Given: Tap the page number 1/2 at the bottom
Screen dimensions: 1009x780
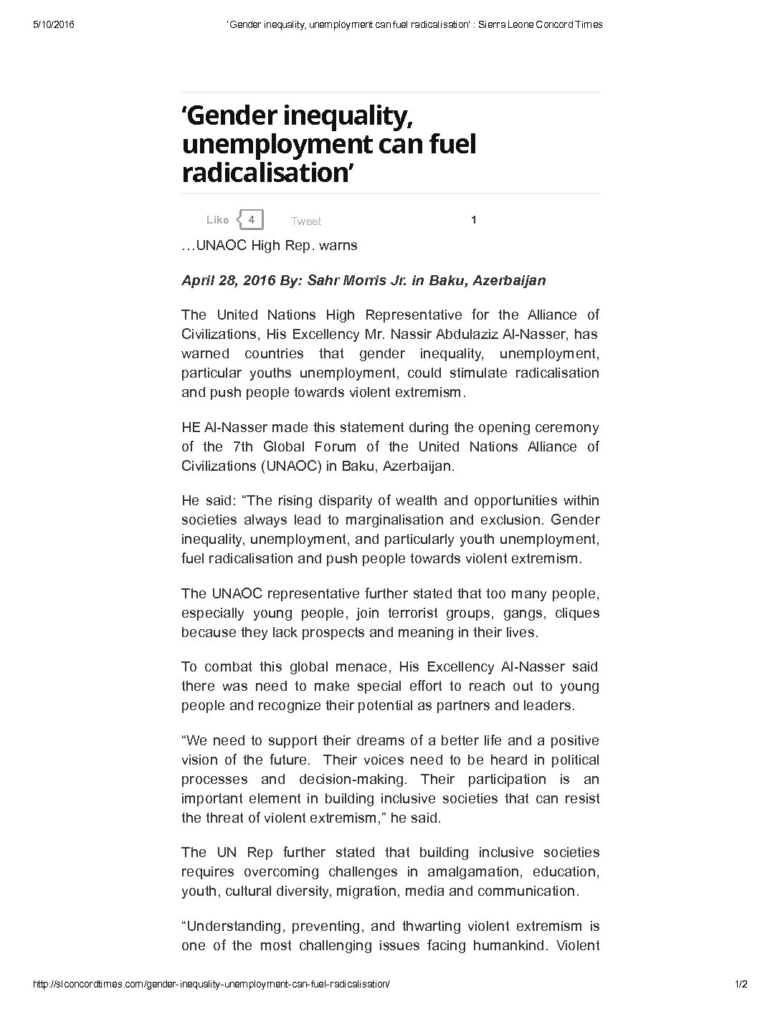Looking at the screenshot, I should (741, 984).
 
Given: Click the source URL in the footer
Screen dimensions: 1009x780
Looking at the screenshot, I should (212, 984).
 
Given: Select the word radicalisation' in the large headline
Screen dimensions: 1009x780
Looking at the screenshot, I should (269, 173).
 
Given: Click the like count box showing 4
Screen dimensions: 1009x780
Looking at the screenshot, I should (252, 219).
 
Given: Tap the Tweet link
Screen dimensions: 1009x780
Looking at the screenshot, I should (306, 221).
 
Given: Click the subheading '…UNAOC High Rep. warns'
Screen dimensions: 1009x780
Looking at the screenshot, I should (269, 245).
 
